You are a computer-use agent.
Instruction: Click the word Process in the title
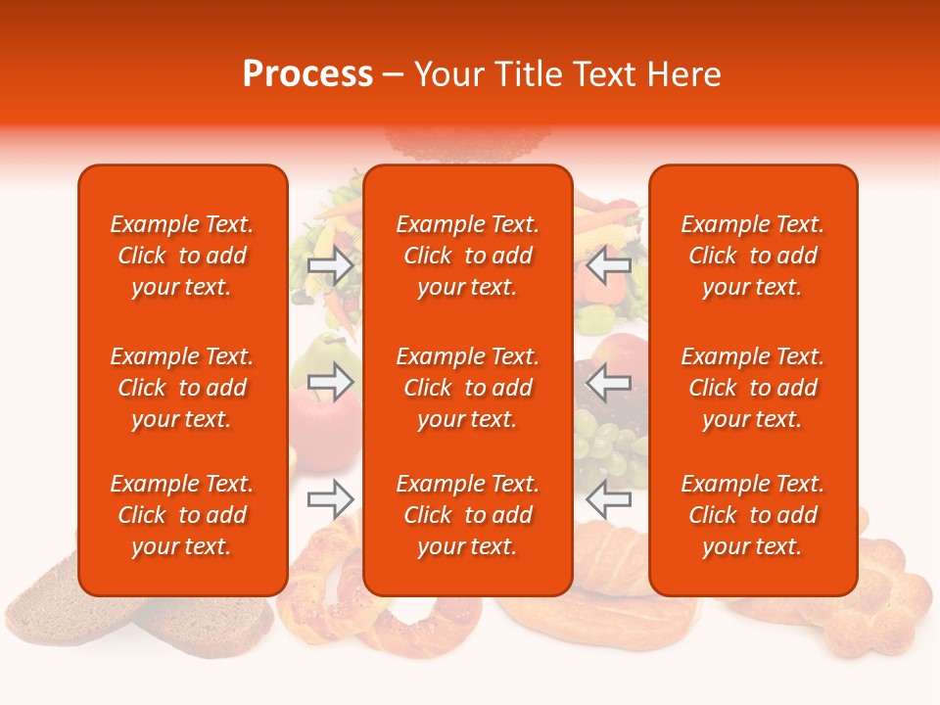pos(307,74)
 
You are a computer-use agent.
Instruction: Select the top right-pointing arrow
pos(331,264)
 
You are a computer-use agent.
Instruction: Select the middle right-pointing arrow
pos(331,382)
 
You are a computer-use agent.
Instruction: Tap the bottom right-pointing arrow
pos(331,499)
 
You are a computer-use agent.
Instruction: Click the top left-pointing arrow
pos(608,264)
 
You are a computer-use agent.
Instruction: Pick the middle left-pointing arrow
pos(608,382)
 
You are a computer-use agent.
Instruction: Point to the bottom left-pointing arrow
pos(608,499)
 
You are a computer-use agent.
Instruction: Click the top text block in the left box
pos(182,256)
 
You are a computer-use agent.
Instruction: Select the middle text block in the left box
pos(182,388)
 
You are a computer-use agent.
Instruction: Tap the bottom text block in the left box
pos(182,515)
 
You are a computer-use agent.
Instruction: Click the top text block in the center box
pos(468,256)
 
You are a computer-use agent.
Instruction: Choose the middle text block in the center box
pos(468,388)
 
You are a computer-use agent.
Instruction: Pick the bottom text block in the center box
pos(468,515)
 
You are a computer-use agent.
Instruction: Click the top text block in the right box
pos(753,256)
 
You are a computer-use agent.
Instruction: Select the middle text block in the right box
pos(753,388)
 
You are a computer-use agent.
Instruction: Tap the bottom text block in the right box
pos(753,515)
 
